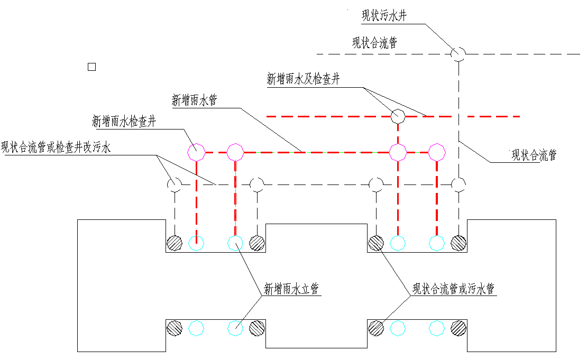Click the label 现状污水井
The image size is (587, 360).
click(x=384, y=16)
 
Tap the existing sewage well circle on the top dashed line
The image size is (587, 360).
click(x=458, y=53)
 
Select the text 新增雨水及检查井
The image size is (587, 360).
click(x=303, y=80)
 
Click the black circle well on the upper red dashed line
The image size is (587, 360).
click(x=398, y=116)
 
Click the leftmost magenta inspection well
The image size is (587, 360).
click(x=196, y=152)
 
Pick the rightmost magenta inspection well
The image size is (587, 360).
click(x=436, y=152)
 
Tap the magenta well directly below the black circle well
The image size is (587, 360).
click(x=398, y=152)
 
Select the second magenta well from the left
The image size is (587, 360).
click(x=235, y=152)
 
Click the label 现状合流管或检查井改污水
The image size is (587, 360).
click(x=56, y=147)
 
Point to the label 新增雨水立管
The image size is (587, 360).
click(x=292, y=289)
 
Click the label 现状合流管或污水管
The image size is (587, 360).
click(x=454, y=289)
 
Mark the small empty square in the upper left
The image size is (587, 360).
click(x=91, y=67)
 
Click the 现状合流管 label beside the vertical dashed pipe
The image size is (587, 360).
click(x=534, y=155)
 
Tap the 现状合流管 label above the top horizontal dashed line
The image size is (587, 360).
click(x=374, y=43)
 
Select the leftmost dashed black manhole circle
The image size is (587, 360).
click(x=175, y=184)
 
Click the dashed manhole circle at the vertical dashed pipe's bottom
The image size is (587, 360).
click(x=458, y=184)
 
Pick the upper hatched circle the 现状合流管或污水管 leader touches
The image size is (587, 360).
click(x=376, y=243)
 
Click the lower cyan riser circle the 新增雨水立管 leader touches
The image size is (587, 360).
click(x=235, y=328)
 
